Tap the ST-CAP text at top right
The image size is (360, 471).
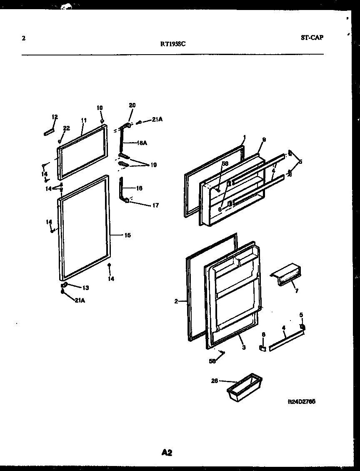[312, 38]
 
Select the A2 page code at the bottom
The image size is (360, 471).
[167, 453]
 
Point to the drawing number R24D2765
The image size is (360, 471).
[301, 402]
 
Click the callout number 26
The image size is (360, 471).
[215, 380]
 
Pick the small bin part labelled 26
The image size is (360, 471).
[244, 388]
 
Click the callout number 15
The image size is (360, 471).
[127, 235]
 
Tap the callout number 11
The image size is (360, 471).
[83, 120]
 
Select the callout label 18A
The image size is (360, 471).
[142, 143]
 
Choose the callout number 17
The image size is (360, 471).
[155, 205]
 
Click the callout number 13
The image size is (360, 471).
[85, 288]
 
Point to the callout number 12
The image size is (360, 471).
[55, 117]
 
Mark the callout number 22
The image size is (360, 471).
[66, 128]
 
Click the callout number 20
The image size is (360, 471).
[132, 105]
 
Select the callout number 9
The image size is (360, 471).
[264, 140]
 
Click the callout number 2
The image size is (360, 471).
[176, 301]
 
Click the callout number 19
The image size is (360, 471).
[153, 165]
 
